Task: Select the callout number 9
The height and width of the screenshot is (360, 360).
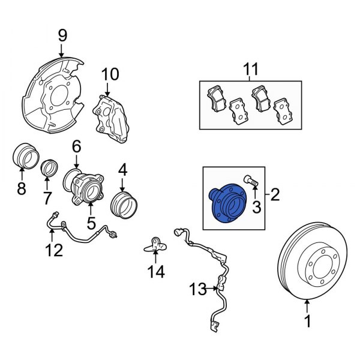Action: click(62, 37)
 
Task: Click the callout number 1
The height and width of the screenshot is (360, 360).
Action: click(307, 322)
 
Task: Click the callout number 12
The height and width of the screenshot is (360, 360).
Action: click(55, 250)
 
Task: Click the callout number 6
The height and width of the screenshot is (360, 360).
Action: click(76, 146)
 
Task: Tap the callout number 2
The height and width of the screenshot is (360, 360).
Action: click(275, 194)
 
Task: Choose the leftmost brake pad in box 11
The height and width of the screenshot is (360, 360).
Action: click(214, 95)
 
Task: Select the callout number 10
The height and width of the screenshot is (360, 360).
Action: click(110, 74)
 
